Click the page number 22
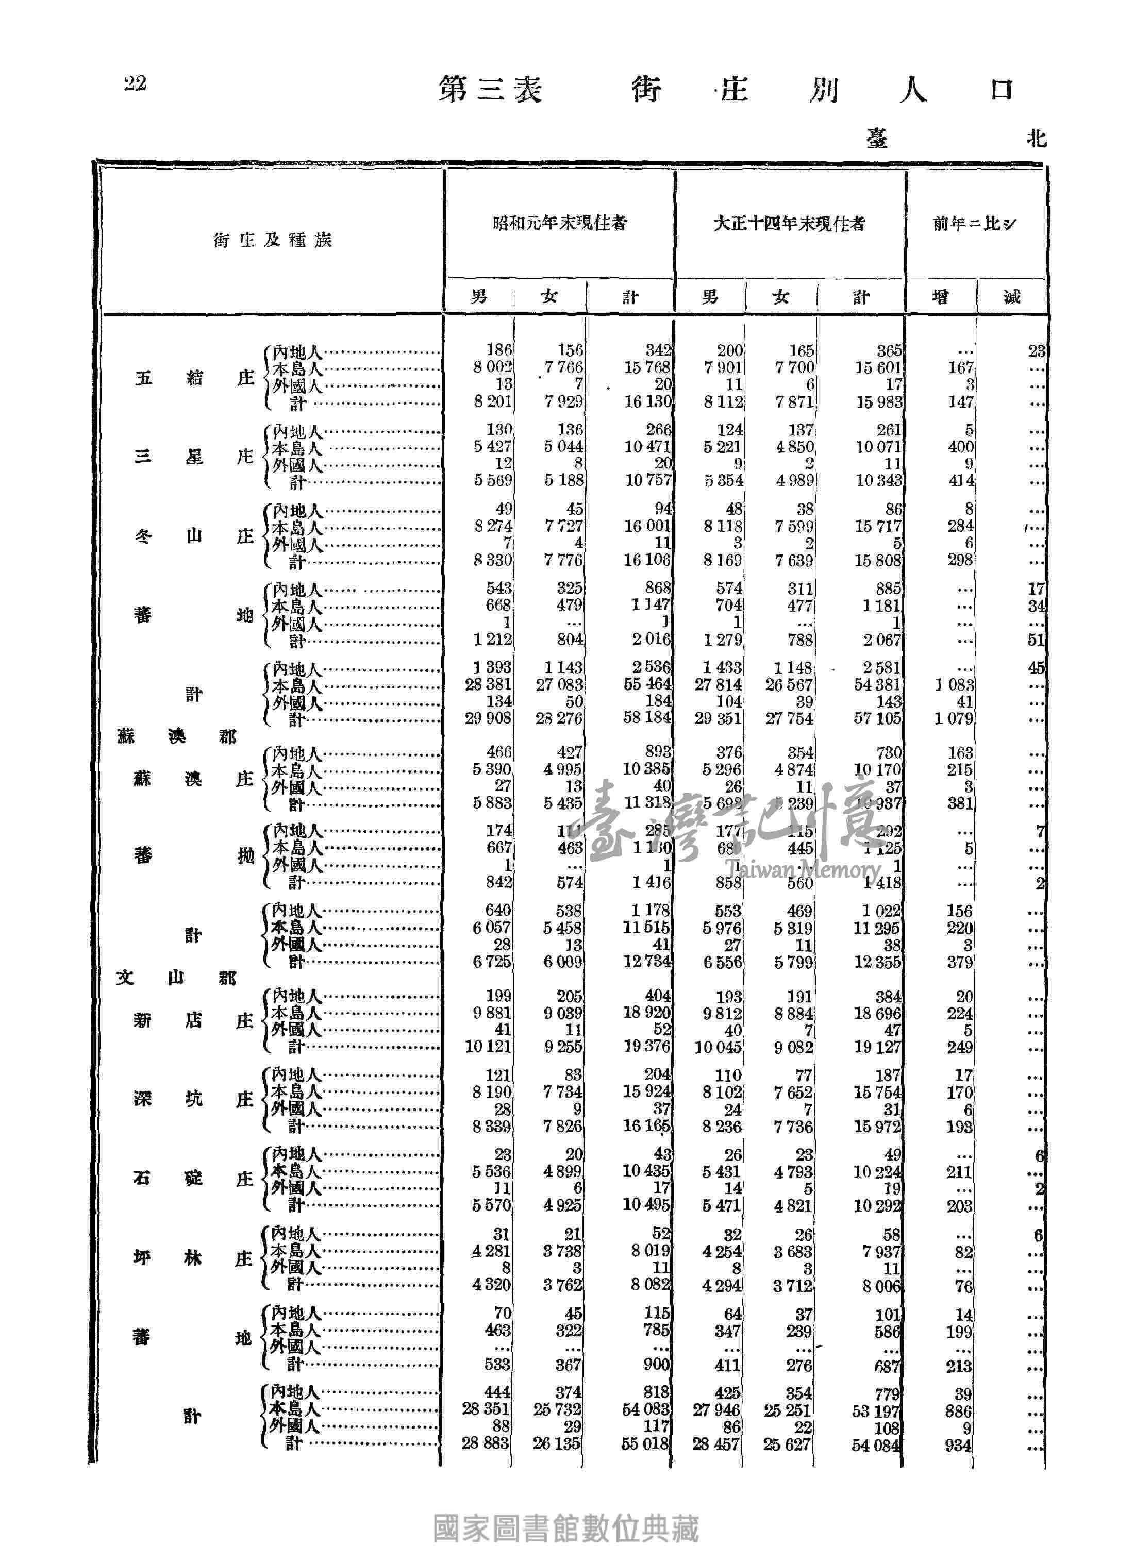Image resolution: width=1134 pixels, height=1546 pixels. [x=135, y=83]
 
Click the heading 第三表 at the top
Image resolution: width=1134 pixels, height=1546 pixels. [x=490, y=90]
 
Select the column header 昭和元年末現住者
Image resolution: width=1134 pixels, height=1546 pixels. [x=559, y=223]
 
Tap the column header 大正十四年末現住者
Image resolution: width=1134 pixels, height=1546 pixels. [x=789, y=224]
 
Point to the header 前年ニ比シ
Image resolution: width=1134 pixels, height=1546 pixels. [x=974, y=224]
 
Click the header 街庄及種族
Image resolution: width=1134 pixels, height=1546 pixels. [x=273, y=240]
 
